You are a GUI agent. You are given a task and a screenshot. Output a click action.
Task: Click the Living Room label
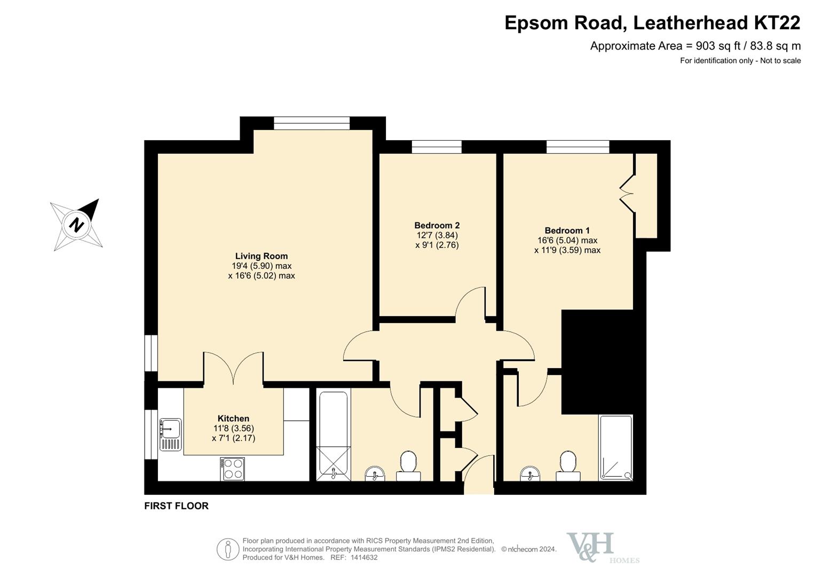[x=261, y=257]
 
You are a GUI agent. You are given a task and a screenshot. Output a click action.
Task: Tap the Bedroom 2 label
[x=437, y=226]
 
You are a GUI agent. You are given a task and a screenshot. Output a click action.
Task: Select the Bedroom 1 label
[x=567, y=230]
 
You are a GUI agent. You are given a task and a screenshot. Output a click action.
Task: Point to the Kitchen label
[x=233, y=418]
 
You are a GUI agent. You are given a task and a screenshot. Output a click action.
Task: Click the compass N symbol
[x=76, y=225]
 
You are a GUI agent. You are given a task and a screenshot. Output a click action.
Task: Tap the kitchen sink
[x=170, y=434]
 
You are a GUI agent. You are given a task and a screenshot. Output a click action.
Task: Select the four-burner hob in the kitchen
[x=232, y=469]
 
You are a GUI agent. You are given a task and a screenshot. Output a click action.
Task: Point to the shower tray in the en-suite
[x=616, y=448]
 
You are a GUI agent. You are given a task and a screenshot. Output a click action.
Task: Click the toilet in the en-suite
[x=568, y=466]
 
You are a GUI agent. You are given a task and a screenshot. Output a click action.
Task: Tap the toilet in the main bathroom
[x=408, y=466]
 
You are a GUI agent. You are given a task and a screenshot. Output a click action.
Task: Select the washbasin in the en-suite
[x=530, y=474]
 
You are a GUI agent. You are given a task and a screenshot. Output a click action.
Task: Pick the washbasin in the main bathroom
[x=375, y=474]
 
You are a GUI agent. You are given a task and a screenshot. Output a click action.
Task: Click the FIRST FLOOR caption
[x=177, y=506]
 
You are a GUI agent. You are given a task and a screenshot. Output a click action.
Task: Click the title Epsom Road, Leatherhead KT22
[x=652, y=23]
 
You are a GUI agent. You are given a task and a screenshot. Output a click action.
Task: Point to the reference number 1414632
[x=364, y=557]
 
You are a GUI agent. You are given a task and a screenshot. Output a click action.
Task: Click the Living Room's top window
[x=312, y=123]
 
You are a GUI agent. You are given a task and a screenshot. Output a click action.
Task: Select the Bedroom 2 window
[x=437, y=147]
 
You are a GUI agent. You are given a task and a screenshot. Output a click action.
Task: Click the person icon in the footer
[x=228, y=549]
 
